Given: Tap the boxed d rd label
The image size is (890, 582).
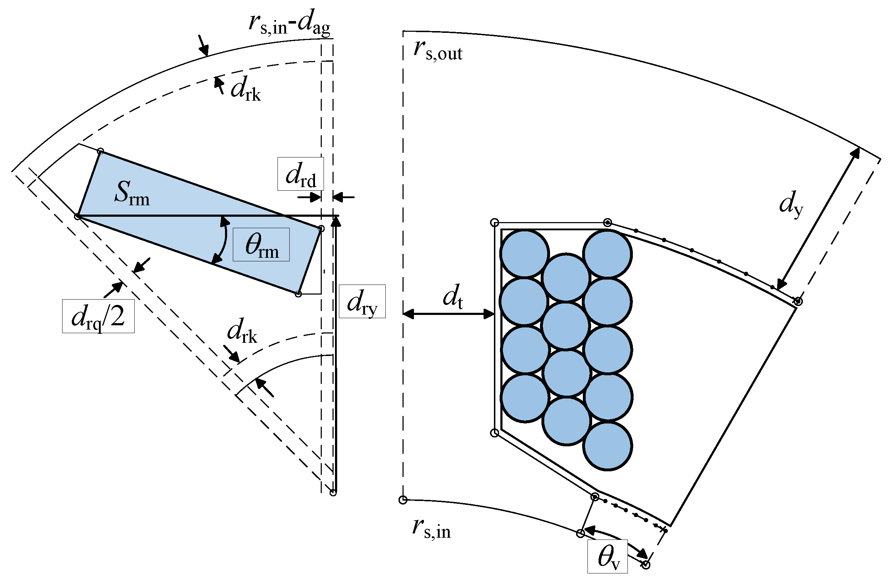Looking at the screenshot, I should (x=300, y=174).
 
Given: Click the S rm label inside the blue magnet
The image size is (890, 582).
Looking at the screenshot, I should (x=132, y=193).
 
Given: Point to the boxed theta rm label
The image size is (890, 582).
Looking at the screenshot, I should (x=261, y=245).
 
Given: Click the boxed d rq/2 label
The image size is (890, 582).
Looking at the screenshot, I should (x=98, y=316).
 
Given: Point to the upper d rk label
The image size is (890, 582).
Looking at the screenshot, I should (x=245, y=90).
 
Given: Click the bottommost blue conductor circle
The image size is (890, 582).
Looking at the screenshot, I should (x=607, y=446).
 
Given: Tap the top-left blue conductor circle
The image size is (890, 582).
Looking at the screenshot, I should (x=524, y=254).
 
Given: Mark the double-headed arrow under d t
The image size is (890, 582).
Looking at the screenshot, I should (x=448, y=314).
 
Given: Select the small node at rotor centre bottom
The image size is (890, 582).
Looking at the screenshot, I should (x=333, y=493).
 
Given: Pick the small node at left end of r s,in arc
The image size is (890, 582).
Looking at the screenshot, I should (x=403, y=500).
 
